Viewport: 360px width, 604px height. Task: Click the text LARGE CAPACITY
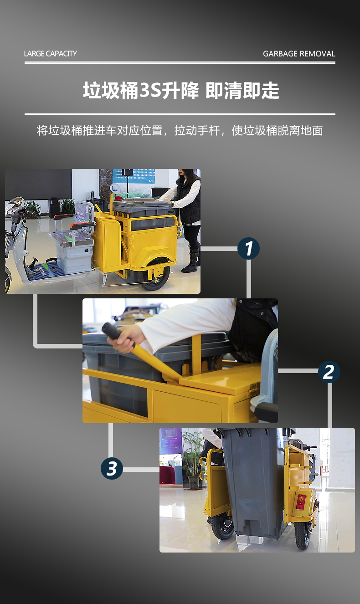tap(51, 53)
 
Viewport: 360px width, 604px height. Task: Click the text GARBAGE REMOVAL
tap(299, 54)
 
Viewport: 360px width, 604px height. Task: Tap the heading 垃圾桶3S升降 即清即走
tap(181, 90)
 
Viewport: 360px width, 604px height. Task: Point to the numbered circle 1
tap(248, 248)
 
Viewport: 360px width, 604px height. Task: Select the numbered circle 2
tap(329, 372)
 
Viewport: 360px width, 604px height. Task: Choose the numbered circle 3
tap(112, 468)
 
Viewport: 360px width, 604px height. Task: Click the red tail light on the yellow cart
tap(301, 502)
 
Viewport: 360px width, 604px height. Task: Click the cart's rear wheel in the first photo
tap(154, 274)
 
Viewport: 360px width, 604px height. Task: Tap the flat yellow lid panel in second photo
tap(220, 378)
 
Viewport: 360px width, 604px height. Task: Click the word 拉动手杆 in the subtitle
tap(197, 131)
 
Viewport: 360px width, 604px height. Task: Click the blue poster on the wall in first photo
tap(134, 176)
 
